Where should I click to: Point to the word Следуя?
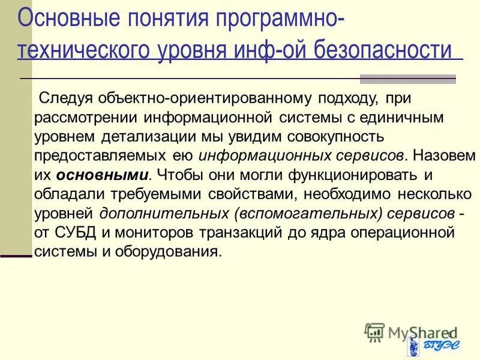60,97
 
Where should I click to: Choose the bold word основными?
103,175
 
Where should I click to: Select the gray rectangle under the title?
407,79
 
